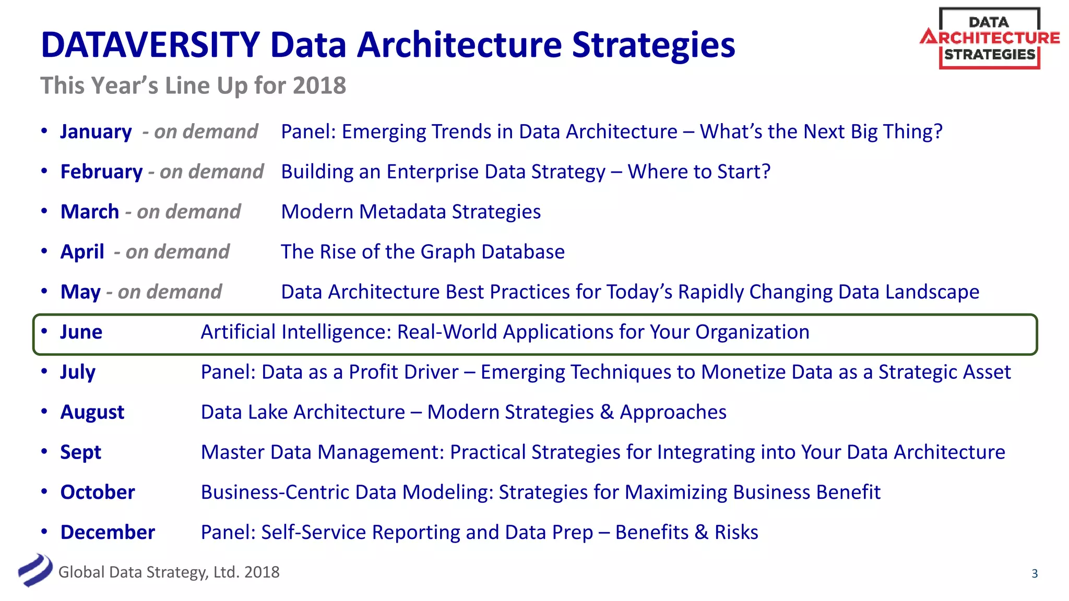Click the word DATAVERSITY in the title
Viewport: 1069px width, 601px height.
click(x=150, y=45)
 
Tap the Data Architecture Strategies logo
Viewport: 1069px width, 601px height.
click(x=990, y=39)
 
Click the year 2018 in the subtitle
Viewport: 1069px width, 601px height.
click(x=319, y=86)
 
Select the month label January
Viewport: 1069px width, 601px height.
click(x=96, y=131)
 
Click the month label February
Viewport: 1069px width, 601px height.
click(x=101, y=172)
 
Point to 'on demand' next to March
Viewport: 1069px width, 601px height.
click(x=188, y=212)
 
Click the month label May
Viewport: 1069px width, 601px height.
click(x=80, y=292)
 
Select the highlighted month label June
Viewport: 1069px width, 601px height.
click(x=81, y=332)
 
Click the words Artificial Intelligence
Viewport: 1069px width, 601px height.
click(x=296, y=332)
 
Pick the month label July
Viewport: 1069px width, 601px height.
click(x=78, y=372)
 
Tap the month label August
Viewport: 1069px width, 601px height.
click(x=92, y=412)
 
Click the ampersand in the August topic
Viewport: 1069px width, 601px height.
click(x=607, y=412)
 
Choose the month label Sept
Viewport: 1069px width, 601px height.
click(x=80, y=452)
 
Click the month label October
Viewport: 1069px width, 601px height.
click(x=98, y=492)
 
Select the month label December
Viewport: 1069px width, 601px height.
click(x=108, y=533)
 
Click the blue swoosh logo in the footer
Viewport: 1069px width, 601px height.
click(x=35, y=570)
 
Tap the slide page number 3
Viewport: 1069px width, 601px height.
click(x=1035, y=574)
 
